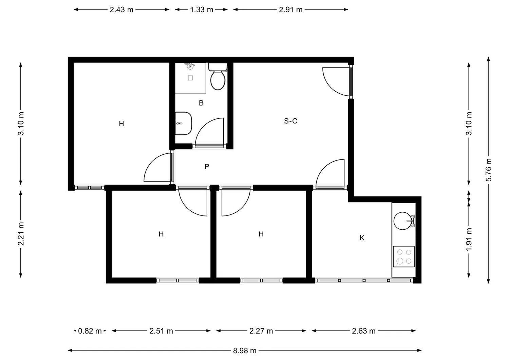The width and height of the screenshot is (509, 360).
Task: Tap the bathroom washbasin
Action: pos(184,123)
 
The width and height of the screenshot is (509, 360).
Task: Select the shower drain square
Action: pos(190,78)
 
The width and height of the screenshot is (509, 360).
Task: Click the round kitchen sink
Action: pos(402,221)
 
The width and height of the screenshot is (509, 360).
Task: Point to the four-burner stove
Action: pos(404,257)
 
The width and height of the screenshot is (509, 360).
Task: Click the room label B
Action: pos(201,103)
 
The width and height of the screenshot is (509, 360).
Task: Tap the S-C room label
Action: pos(290,121)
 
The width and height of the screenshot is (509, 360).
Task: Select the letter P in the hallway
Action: pos(207,167)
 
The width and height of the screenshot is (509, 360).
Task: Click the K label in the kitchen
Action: pos(362,238)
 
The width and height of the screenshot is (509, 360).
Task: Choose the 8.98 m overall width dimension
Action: pos(245,350)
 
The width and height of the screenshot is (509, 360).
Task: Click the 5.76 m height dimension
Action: pos(489,170)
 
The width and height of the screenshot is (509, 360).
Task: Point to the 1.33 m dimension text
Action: pos(202,10)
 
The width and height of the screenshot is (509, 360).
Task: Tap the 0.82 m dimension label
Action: pos(90,331)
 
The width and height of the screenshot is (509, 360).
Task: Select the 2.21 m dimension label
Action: pos(21,234)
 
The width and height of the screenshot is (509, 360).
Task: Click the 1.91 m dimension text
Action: pos(469,239)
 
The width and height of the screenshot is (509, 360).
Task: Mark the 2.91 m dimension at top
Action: pos(290,10)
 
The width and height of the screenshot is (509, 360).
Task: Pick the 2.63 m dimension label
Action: pos(363,331)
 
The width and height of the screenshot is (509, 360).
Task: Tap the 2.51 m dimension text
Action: pos(161,331)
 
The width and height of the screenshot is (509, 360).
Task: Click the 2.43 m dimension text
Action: pos(121,10)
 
